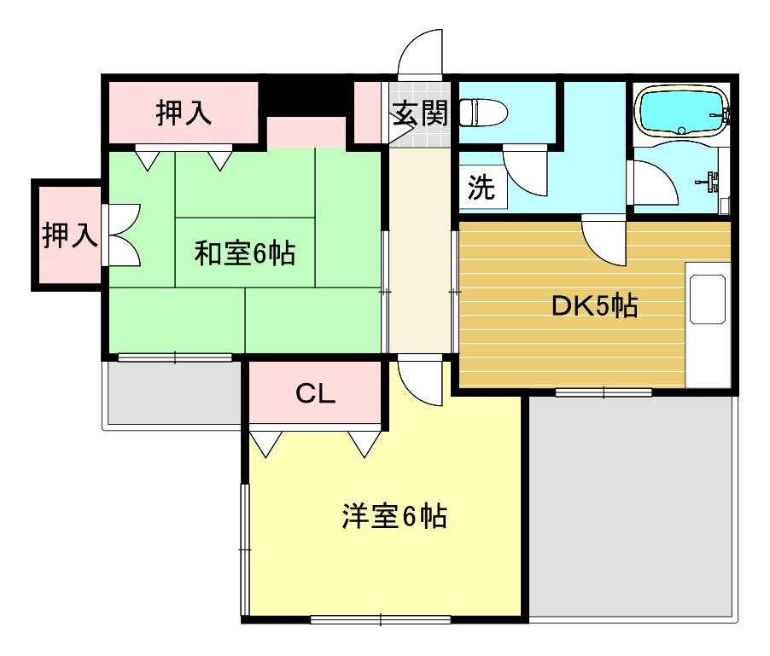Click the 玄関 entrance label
pos(419,113)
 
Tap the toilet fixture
pos(483,112)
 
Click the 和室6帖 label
pos(245,253)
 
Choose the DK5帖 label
pos(594,306)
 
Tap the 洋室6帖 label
pos(394,516)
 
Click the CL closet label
pos(315,393)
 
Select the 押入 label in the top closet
pos(184,113)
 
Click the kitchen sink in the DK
pos(708,299)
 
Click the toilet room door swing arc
pos(523,169)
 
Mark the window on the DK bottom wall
pos(604,392)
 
